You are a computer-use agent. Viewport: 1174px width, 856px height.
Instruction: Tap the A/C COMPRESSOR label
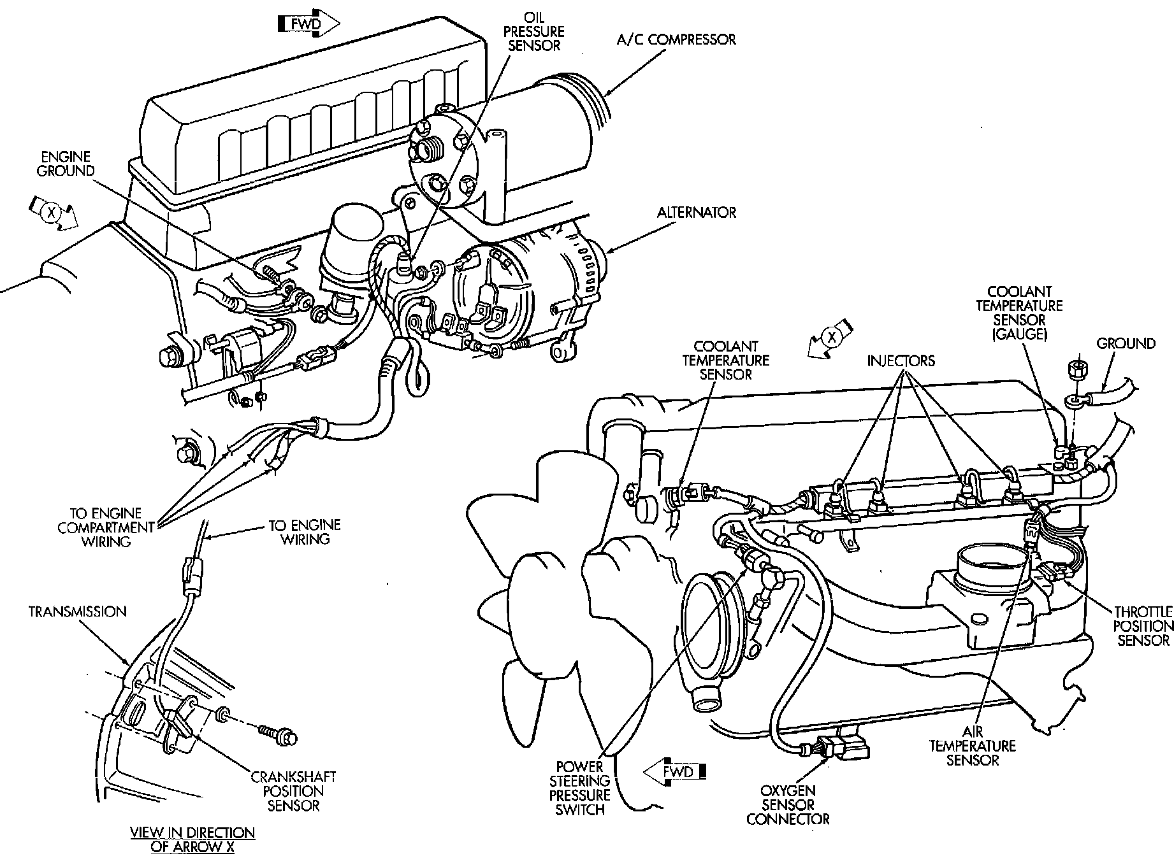click(x=676, y=39)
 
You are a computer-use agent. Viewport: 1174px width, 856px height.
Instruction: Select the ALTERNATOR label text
click(x=697, y=212)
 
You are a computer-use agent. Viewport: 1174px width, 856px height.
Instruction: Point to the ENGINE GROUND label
click(x=65, y=164)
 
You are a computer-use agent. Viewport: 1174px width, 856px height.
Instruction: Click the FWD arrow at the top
click(x=309, y=25)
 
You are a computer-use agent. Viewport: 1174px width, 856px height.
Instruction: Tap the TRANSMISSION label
click(x=77, y=612)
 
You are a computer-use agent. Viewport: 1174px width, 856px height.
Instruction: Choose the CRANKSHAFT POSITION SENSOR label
click(x=293, y=791)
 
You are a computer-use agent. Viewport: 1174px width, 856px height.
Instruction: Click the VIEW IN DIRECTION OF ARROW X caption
click(x=192, y=839)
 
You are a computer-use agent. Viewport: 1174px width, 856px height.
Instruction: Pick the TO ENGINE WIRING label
click(x=304, y=532)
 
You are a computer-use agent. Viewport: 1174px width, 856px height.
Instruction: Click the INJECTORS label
click(x=901, y=361)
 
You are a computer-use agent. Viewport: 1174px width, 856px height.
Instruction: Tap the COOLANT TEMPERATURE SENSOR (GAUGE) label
click(x=1019, y=312)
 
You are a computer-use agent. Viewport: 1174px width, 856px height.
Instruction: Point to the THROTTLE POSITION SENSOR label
click(x=1143, y=625)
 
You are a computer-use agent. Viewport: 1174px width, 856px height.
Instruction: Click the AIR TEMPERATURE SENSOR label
click(x=972, y=745)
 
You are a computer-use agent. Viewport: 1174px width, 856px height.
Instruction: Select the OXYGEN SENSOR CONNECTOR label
click(x=788, y=805)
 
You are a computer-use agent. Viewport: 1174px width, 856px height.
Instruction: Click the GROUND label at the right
click(x=1126, y=344)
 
